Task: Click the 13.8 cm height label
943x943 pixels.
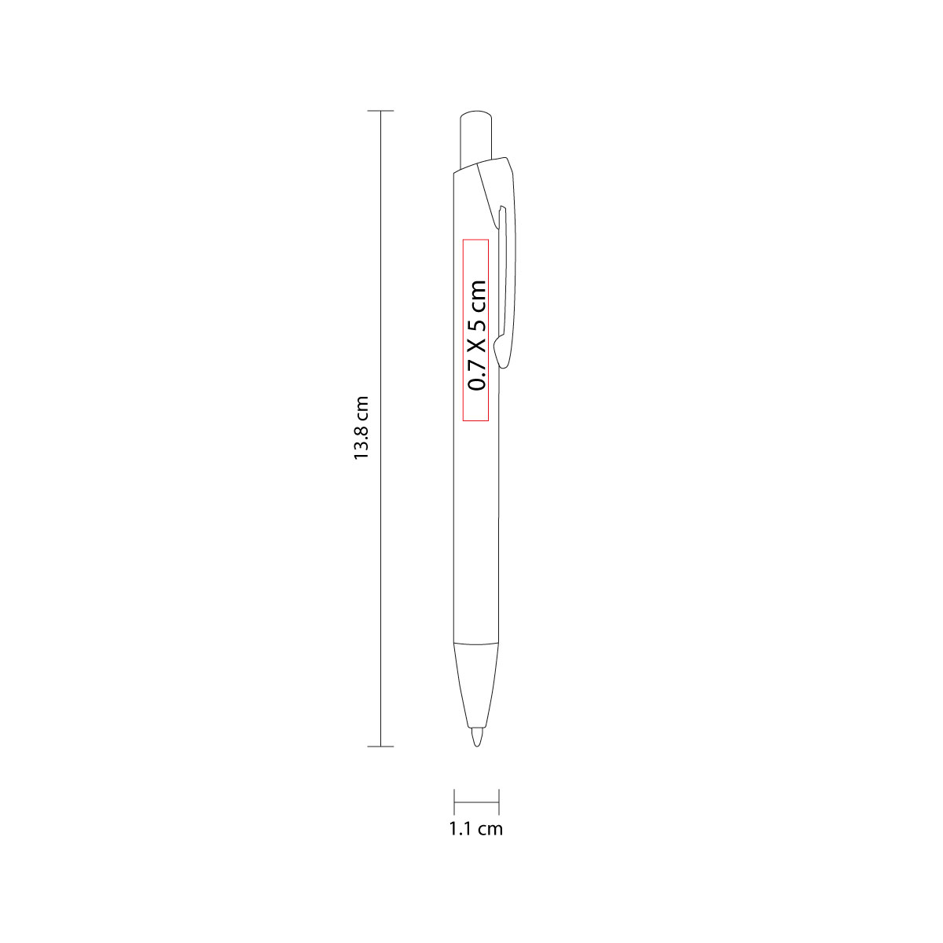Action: pyautogui.click(x=361, y=427)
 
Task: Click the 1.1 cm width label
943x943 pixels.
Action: pyautogui.click(x=475, y=828)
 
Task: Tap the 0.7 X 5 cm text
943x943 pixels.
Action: pyautogui.click(x=477, y=336)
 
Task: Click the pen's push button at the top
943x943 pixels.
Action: pyautogui.click(x=475, y=138)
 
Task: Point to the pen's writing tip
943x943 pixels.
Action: pyautogui.click(x=477, y=737)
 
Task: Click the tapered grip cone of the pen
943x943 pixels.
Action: pyautogui.click(x=476, y=685)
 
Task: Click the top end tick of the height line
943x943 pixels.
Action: pyautogui.click(x=380, y=111)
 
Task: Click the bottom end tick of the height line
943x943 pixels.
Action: pyautogui.click(x=380, y=747)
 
